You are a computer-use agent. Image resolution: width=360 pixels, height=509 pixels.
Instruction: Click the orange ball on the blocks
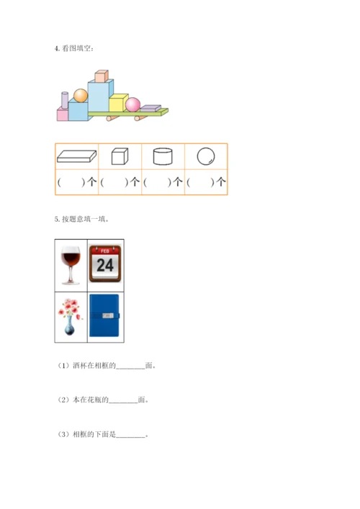pos(81,96)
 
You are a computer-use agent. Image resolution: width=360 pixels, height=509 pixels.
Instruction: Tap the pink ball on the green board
pos(132,104)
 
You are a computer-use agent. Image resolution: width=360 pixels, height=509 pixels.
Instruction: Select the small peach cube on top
pos(102,76)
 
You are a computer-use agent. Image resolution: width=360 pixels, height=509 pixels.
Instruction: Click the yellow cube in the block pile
pos(118,102)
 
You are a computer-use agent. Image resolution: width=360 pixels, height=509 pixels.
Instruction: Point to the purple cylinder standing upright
pos(65,100)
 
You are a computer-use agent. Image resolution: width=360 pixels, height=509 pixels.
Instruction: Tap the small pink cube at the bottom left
pos(63,114)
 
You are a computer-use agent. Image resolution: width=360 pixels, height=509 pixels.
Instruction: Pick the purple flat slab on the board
pos(150,108)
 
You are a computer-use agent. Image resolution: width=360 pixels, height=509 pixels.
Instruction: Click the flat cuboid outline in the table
pos(76,156)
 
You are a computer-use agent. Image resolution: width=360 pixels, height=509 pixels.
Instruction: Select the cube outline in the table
pos(120,156)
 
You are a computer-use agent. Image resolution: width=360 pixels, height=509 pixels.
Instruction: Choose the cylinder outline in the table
pos(163,156)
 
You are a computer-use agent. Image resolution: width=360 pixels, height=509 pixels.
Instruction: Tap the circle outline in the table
pos(206,156)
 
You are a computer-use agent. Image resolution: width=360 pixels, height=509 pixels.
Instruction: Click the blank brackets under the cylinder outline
pos(157,182)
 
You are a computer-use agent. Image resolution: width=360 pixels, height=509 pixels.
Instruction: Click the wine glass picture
pos(71,266)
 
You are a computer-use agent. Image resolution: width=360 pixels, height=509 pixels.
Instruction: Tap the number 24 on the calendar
pos(105,265)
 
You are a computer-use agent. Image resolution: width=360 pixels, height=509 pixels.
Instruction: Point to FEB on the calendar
pos(105,251)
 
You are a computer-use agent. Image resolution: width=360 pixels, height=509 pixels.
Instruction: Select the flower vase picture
pos(70,317)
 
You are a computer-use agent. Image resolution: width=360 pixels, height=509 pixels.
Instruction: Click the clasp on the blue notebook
pos(108,315)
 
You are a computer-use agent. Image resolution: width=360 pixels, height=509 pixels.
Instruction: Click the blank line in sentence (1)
pos(130,369)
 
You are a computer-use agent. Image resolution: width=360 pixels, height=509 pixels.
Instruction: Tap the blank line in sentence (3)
pos(130,437)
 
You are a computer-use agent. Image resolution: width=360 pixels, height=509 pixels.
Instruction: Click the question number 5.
pos(57,220)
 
